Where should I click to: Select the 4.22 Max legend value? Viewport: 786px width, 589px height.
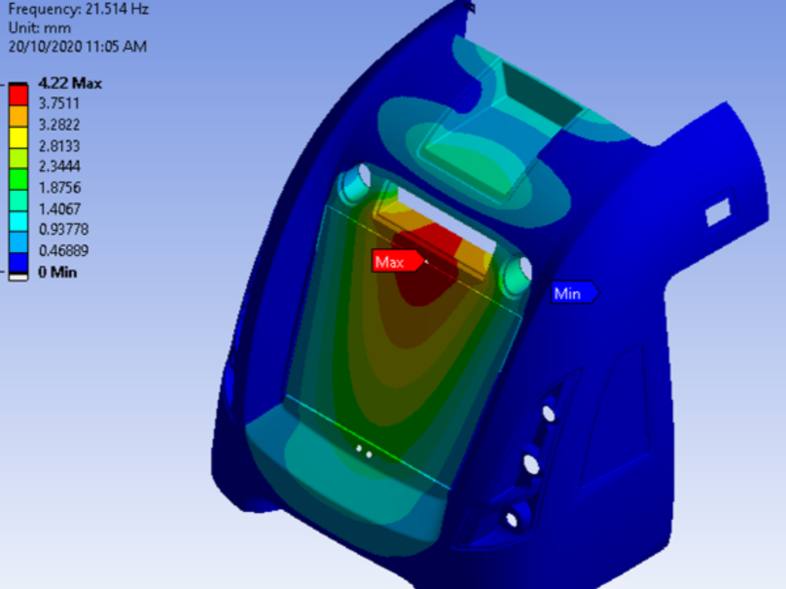click(x=70, y=83)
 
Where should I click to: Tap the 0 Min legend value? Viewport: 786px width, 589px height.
click(x=58, y=272)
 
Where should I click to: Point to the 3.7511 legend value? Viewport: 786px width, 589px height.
click(x=59, y=104)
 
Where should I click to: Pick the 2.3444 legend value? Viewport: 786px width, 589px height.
click(x=59, y=166)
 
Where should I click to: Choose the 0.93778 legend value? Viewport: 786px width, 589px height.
click(x=64, y=229)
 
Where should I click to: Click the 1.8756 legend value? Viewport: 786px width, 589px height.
click(x=59, y=187)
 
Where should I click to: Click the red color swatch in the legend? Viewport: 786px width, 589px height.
click(x=18, y=95)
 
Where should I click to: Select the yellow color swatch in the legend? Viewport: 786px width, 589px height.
click(x=18, y=137)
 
